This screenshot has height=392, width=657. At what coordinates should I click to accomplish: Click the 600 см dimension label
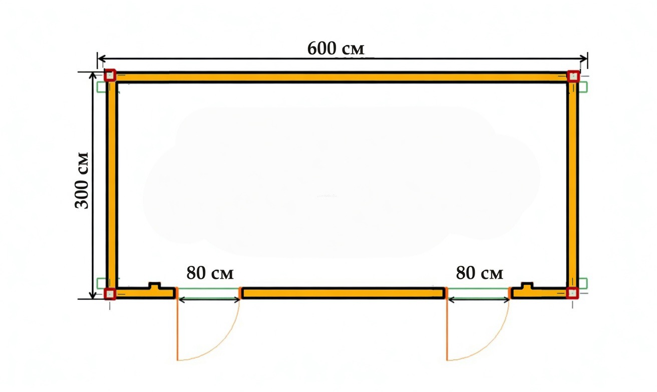(336, 48)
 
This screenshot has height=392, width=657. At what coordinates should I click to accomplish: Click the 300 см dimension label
(82, 180)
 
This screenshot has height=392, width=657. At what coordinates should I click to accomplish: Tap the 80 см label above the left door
(210, 273)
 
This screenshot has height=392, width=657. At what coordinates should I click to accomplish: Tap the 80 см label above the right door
(480, 273)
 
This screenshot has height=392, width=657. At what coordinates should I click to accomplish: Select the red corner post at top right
(573, 76)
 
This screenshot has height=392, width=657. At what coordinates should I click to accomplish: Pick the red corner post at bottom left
(110, 293)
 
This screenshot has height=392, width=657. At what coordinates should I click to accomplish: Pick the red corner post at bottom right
(572, 293)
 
